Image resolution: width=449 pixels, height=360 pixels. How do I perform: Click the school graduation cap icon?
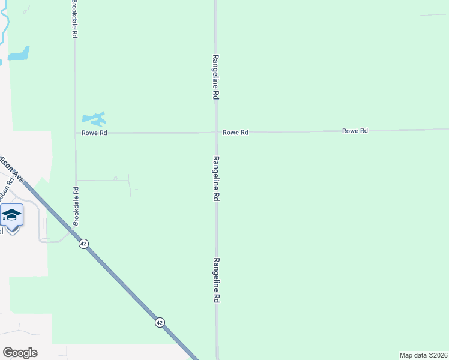point(12,214)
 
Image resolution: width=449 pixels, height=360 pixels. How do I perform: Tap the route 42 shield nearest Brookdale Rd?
point(83,244)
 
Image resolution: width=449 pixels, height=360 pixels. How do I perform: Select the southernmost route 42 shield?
point(159,322)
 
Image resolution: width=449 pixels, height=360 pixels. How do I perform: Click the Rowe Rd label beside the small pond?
point(94,133)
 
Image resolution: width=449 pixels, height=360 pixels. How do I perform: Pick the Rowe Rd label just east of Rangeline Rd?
point(235,132)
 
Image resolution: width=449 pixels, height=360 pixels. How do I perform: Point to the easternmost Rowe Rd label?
point(355,130)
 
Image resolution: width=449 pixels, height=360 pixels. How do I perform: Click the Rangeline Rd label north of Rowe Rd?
point(215,77)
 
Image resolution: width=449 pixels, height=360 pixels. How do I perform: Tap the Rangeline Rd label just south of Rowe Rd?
point(215,179)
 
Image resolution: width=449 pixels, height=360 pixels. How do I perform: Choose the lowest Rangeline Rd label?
point(215,283)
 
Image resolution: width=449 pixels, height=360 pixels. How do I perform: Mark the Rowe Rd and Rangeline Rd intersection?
point(217,132)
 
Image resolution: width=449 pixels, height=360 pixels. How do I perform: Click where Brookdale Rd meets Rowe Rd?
point(75,133)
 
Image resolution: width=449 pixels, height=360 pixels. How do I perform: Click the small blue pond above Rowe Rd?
point(95,118)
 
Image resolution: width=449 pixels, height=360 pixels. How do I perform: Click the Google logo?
point(20,353)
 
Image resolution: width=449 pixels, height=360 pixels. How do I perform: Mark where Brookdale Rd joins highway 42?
point(73,230)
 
